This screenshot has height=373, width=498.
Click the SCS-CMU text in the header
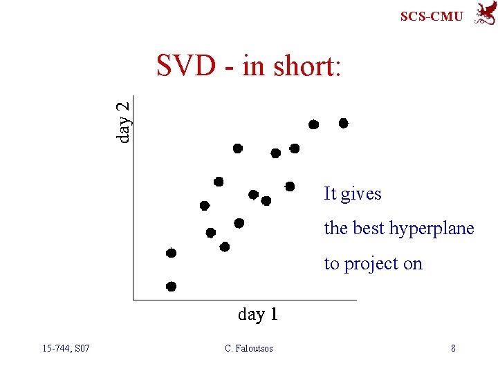(432, 16)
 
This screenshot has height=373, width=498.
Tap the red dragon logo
(483, 14)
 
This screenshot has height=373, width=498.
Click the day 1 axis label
(257, 314)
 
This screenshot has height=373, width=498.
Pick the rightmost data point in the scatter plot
(343, 123)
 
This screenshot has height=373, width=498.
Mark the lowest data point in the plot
(171, 286)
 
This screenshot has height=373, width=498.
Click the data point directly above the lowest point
(171, 253)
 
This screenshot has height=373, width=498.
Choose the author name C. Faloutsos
(249, 348)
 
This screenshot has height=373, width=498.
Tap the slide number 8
(453, 348)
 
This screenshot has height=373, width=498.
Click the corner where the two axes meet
(132, 300)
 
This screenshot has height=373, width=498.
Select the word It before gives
(330, 194)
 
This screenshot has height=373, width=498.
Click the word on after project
(413, 264)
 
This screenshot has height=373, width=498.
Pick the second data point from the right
(313, 124)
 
